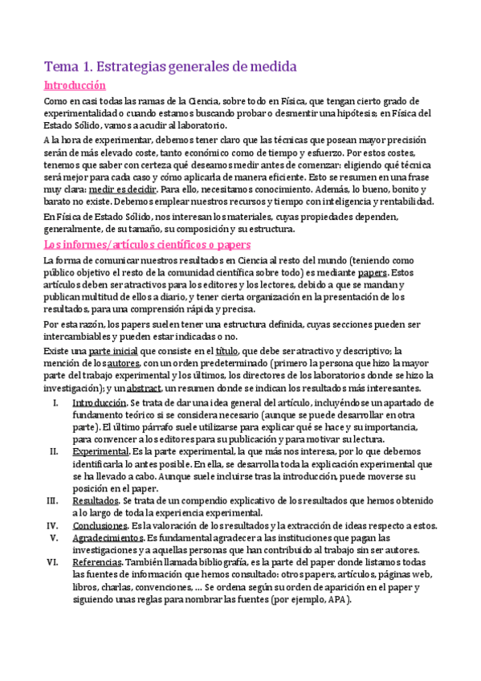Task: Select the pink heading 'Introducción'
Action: click(x=75, y=86)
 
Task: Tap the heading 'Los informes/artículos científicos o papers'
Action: click(x=147, y=244)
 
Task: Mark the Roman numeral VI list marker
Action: click(x=53, y=562)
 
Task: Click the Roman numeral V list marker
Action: click(x=55, y=538)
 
